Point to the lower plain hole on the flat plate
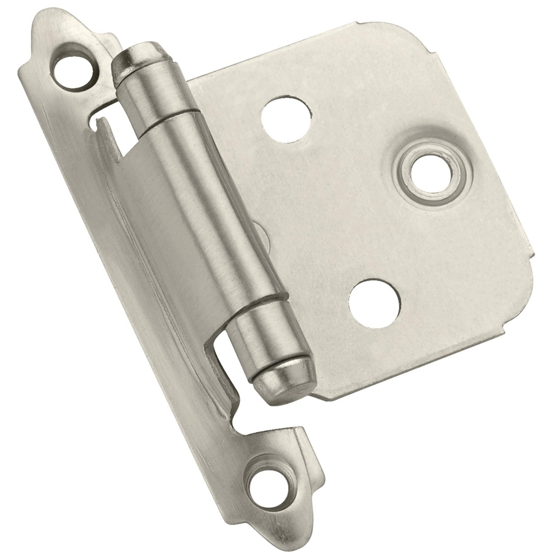(374, 303)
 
